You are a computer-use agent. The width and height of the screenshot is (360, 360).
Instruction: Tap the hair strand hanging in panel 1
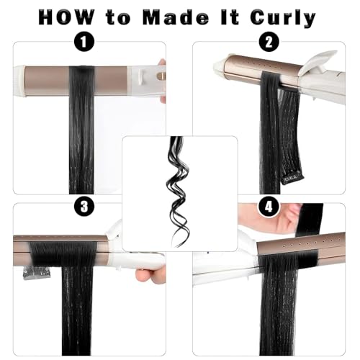click(81, 144)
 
